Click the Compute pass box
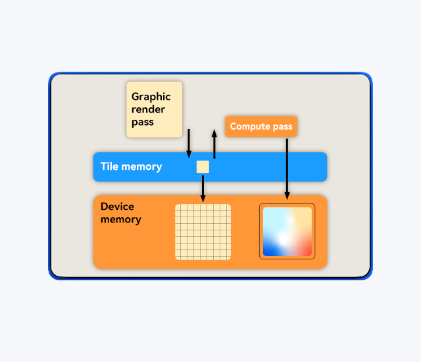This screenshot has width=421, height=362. [x=261, y=126]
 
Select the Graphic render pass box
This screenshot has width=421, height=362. [x=154, y=109]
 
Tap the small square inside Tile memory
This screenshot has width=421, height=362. [x=203, y=167]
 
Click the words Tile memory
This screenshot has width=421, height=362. [x=131, y=167]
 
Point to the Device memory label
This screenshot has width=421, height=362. [x=120, y=213]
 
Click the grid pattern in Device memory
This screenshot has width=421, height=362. [x=203, y=232]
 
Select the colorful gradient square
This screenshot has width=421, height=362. [x=287, y=232]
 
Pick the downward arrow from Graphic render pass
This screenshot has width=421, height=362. [x=189, y=143]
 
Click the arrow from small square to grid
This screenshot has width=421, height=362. [x=203, y=188]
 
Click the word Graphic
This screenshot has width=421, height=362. [x=151, y=97]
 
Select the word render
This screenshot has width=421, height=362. [x=148, y=109]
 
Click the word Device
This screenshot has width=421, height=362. [x=117, y=207]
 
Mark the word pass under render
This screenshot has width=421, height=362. [x=142, y=122]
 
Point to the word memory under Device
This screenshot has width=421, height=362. [x=120, y=219]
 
